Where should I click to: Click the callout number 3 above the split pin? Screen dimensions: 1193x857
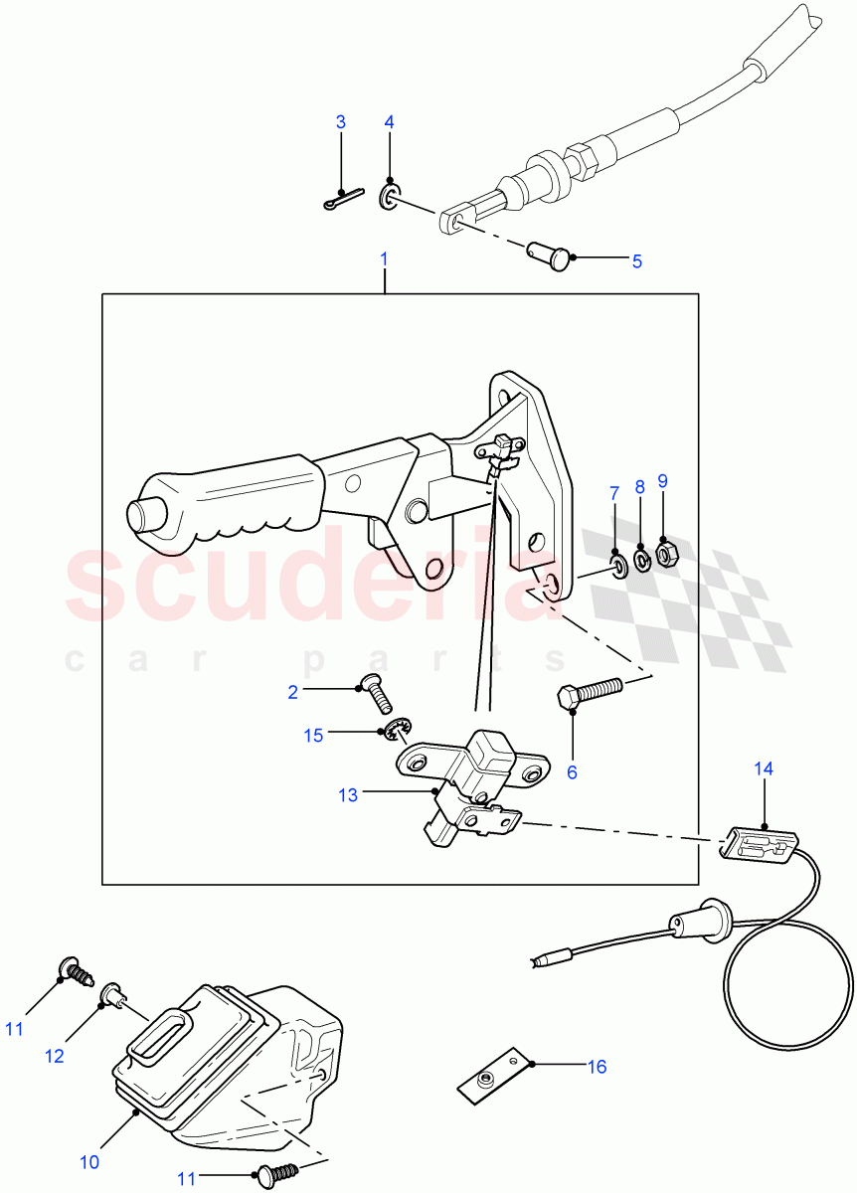(x=340, y=122)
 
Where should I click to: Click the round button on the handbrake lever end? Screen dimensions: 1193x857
(x=136, y=515)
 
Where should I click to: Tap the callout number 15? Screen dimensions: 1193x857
(x=313, y=735)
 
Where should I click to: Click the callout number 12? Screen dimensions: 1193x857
(x=54, y=1056)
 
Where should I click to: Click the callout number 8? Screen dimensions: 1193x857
(x=639, y=487)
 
